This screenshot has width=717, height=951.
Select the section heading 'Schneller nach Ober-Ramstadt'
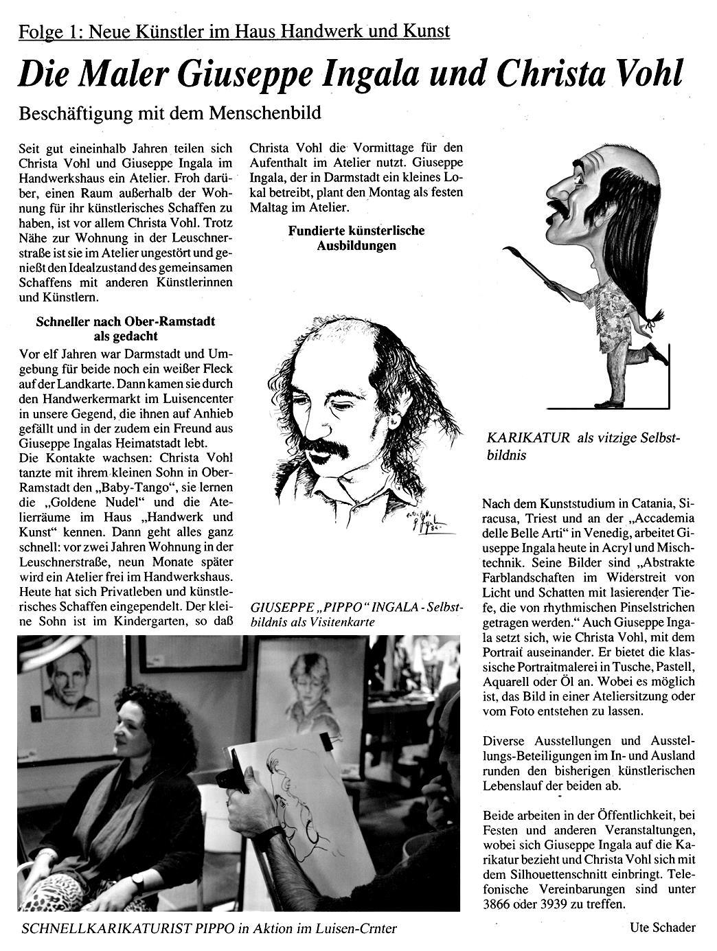[124, 321]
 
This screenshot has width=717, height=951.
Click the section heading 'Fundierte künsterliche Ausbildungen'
[356, 238]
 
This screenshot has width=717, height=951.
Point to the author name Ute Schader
[662, 928]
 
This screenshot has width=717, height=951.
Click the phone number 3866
[497, 904]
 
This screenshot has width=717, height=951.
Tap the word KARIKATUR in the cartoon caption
[528, 438]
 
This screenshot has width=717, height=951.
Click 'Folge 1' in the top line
[49, 31]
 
